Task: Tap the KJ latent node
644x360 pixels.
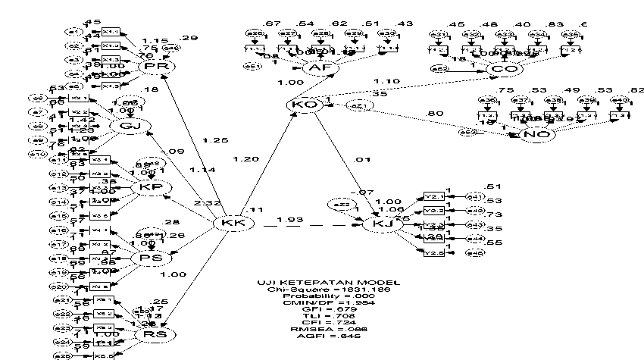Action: [377, 224]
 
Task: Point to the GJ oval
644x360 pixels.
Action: [125, 126]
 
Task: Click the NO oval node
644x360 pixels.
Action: [537, 134]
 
